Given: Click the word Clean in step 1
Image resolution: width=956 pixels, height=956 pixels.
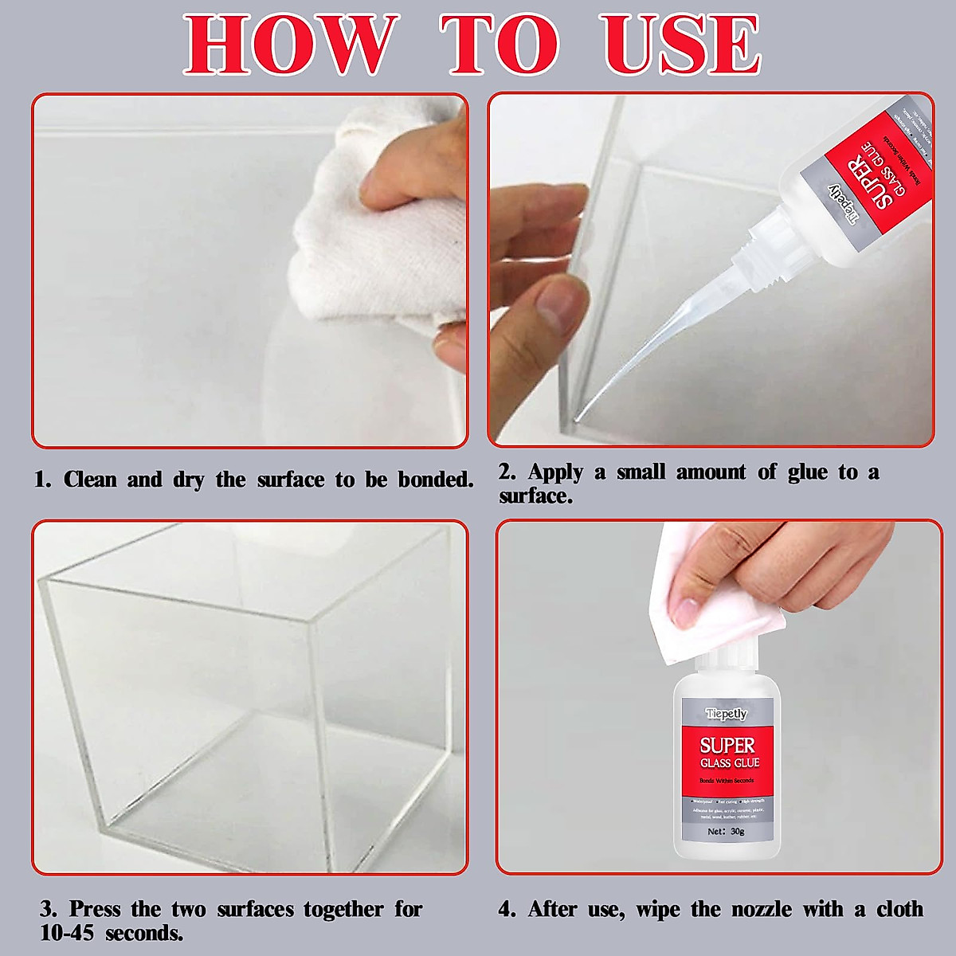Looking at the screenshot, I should (90, 480).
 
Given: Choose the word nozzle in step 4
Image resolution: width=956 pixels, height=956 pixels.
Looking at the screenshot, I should (761, 909).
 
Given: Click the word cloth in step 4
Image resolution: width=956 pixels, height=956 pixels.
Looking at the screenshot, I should (899, 909).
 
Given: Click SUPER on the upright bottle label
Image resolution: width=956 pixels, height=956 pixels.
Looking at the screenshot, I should (727, 746).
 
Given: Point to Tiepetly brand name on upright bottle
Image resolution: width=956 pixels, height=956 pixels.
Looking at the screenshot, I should (726, 714).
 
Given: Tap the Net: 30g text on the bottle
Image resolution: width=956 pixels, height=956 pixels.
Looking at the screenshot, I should (726, 831).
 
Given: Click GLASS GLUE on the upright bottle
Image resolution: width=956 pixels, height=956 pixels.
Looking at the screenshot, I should (729, 763).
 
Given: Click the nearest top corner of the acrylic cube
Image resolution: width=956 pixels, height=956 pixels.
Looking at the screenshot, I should (311, 624).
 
